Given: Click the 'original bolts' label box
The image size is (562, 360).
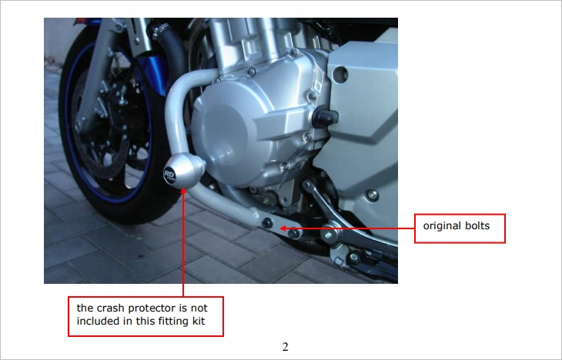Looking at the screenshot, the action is coord(460,228).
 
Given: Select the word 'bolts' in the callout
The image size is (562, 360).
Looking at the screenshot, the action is coord(477,225).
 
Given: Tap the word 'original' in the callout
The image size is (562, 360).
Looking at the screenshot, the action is coord(443,225).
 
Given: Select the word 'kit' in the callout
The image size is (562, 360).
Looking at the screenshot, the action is coord(199,321).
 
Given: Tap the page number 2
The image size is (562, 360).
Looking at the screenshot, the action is coord(286,347).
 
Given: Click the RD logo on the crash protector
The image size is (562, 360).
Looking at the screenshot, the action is coord(169,175).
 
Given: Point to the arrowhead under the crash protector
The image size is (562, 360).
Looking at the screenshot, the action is coord(183,191).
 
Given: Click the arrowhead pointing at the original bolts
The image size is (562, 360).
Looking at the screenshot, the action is coord(283,228).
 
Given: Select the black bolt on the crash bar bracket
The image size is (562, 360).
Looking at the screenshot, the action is coord(266,224).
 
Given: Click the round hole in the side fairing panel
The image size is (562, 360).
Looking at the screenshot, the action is coord(340,74).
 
